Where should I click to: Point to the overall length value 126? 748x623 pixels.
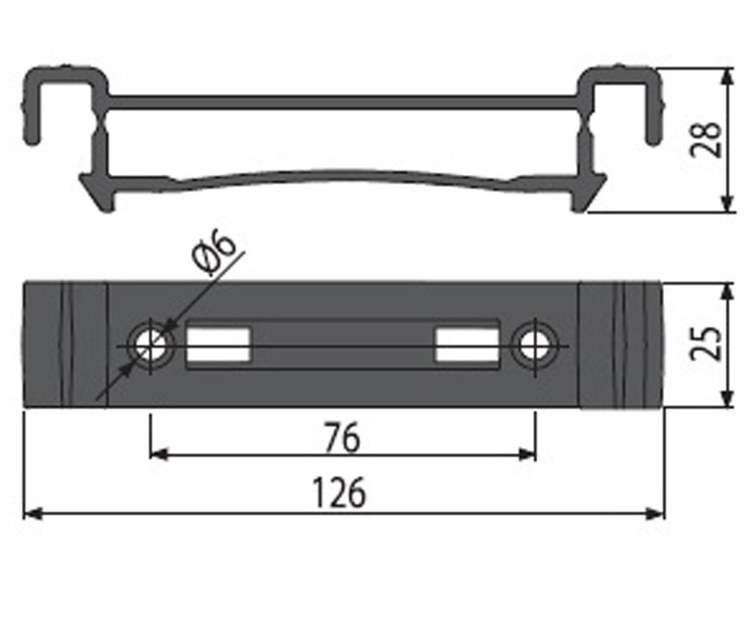(340, 492)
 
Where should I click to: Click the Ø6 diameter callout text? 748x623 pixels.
(214, 252)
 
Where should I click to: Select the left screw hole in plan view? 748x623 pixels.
(151, 346)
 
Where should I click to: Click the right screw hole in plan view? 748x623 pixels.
(535, 346)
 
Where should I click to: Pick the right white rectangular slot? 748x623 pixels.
(467, 345)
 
